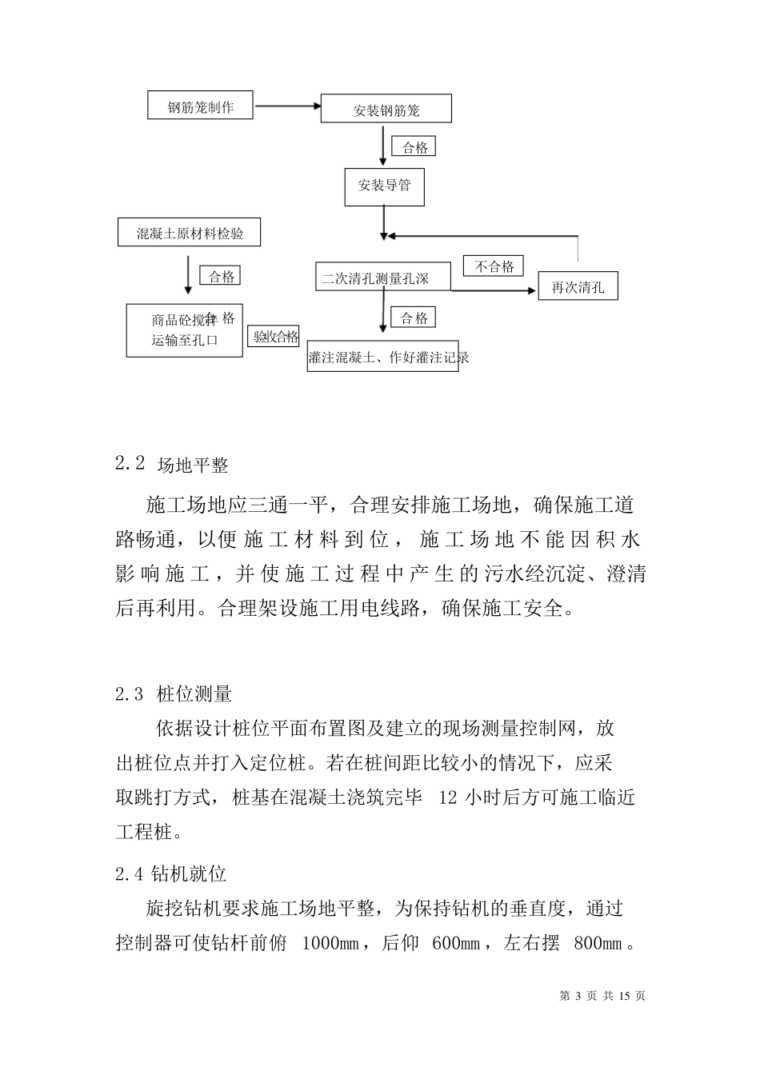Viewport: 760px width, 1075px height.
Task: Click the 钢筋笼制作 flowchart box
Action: coord(201,106)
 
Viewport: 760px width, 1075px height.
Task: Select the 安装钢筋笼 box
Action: coord(386,110)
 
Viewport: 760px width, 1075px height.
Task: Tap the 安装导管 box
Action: coord(384,186)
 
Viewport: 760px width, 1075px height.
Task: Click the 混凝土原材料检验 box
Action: coord(190,234)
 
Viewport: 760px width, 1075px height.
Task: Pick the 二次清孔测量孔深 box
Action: coord(382,278)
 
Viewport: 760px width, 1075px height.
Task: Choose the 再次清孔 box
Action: coord(578,287)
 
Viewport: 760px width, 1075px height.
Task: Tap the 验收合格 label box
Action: coord(276,337)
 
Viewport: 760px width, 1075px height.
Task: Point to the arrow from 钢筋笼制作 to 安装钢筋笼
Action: coord(286,106)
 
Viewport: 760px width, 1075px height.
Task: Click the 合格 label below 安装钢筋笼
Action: coord(414,147)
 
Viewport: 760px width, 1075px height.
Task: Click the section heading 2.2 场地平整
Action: coord(172,465)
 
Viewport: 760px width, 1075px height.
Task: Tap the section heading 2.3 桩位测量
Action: coord(174,694)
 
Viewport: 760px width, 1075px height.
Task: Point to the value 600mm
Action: coord(457,944)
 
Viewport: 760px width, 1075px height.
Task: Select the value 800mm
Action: coord(598,944)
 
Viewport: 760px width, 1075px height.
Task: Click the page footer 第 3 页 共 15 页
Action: coord(602,996)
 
